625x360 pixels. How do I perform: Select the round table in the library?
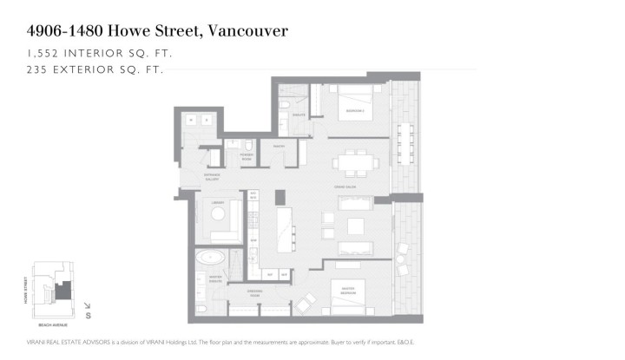click(218, 213)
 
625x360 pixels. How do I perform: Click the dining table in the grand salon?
click(355, 161)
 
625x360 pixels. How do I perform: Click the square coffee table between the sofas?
click(356, 226)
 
